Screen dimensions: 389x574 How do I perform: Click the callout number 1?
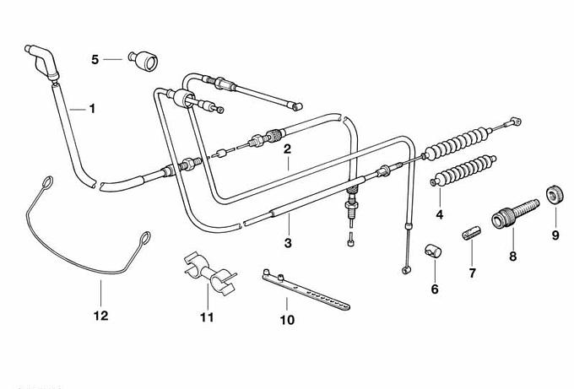tap(92, 108)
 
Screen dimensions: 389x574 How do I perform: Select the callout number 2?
tap(287, 149)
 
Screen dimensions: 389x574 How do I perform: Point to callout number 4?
tap(439, 214)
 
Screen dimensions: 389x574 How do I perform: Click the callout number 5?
tap(95, 59)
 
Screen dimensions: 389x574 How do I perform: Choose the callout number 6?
tap(435, 289)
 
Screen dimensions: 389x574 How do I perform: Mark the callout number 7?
tap(472, 273)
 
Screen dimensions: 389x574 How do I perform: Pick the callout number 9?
tap(555, 235)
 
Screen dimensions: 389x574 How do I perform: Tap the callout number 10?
tap(288, 321)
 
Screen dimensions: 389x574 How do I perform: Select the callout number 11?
tap(207, 317)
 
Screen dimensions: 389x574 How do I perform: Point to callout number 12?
tap(100, 316)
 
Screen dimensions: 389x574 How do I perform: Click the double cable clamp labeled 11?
tap(206, 271)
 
